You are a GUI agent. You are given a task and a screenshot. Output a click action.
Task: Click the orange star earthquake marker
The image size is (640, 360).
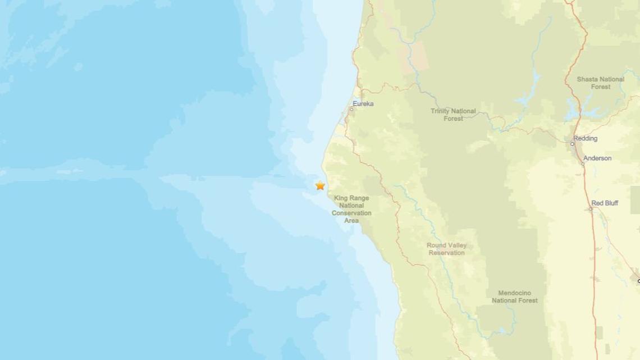(320, 185)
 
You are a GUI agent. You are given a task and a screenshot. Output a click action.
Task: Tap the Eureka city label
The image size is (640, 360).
(363, 104)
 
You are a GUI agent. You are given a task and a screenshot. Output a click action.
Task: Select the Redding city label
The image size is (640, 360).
(586, 138)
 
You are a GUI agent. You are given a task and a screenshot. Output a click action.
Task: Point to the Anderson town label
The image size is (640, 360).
(597, 158)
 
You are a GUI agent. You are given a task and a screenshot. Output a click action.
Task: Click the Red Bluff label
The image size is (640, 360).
(605, 203)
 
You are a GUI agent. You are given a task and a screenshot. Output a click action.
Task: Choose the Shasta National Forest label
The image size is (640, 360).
(600, 83)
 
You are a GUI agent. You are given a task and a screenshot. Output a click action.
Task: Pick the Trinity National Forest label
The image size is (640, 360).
(453, 115)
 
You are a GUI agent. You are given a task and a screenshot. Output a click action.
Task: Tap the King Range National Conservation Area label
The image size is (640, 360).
(353, 209)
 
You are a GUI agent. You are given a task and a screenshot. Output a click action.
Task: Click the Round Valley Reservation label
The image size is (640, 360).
(447, 249)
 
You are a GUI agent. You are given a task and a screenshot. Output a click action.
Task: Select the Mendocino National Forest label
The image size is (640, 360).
(515, 297)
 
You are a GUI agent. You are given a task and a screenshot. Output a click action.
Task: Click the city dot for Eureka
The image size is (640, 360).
(351, 109)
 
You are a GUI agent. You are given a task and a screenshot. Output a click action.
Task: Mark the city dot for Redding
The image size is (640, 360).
(572, 144)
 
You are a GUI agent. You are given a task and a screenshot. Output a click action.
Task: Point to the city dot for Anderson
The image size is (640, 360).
(583, 163)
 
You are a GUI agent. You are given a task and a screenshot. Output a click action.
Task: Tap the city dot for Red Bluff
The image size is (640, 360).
(590, 209)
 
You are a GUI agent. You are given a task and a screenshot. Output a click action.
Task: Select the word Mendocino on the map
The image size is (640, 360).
(515, 293)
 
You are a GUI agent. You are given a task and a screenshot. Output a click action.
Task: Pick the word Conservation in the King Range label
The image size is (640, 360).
(353, 213)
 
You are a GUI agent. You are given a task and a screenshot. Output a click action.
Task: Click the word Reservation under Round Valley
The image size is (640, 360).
(447, 253)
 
